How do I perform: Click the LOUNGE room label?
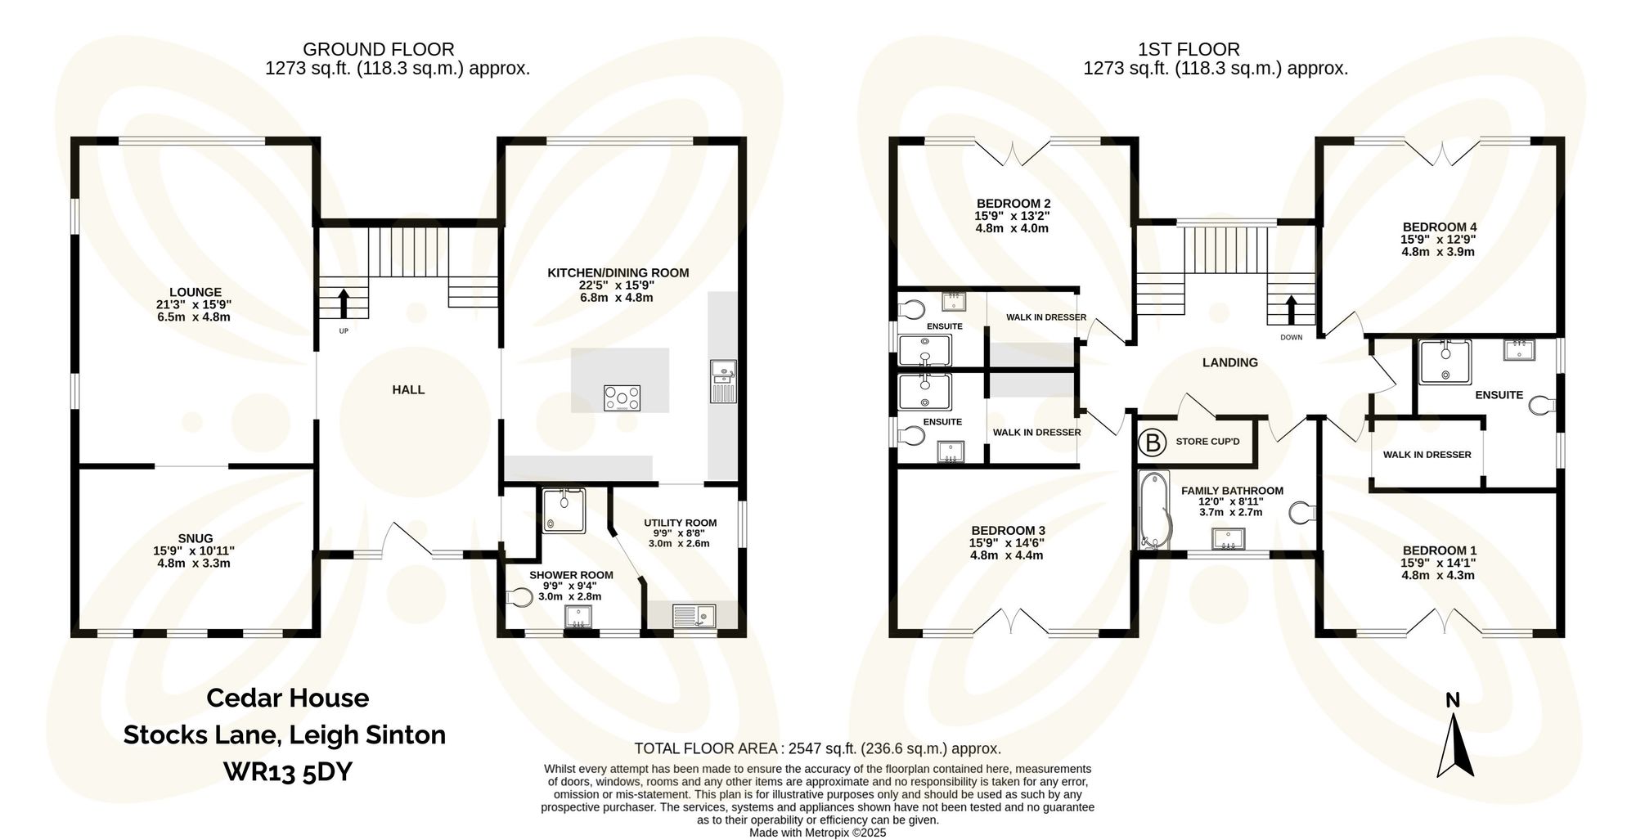pyautogui.click(x=195, y=292)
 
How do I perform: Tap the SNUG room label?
pyautogui.click(x=195, y=538)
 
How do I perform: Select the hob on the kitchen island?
pyautogui.click(x=622, y=398)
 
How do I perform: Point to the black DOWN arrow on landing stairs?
pyautogui.click(x=1292, y=310)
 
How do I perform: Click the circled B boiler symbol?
pyautogui.click(x=1153, y=442)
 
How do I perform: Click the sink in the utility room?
pyautogui.click(x=693, y=616)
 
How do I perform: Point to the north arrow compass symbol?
pyautogui.click(x=1454, y=744)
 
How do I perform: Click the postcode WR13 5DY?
pyautogui.click(x=287, y=771)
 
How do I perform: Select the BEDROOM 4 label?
pyautogui.click(x=1439, y=227)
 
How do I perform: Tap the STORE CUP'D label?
pyautogui.click(x=1207, y=442)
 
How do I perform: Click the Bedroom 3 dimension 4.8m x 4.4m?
pyautogui.click(x=1006, y=555)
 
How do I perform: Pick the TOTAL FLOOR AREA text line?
pyautogui.click(x=817, y=748)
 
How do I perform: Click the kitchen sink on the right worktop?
pyautogui.click(x=723, y=381)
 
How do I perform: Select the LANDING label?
pyautogui.click(x=1229, y=362)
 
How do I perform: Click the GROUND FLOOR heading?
pyautogui.click(x=378, y=49)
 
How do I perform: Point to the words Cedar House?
pyautogui.click(x=287, y=698)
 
